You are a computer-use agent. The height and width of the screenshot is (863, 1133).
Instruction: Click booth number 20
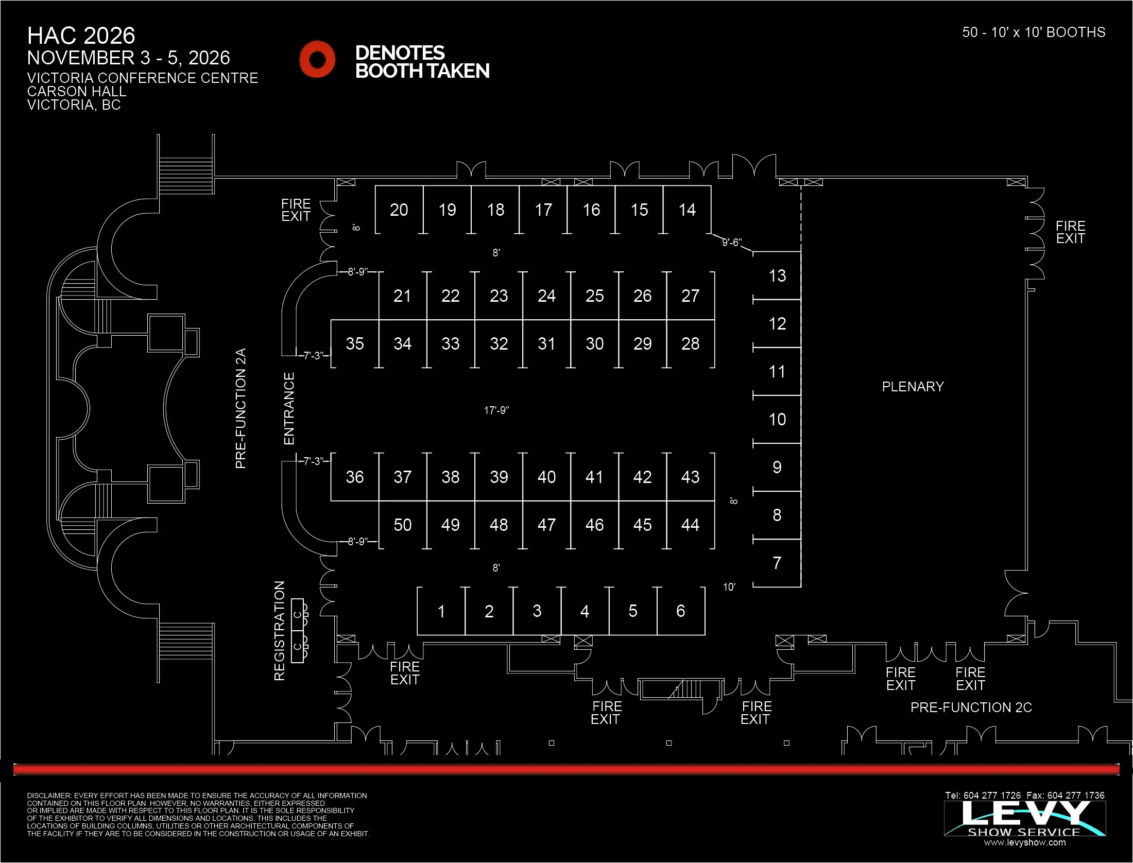(x=399, y=210)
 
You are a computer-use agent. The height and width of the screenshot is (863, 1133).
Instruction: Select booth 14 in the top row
(x=687, y=210)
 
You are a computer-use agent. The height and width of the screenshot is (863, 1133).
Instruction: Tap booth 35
(x=354, y=344)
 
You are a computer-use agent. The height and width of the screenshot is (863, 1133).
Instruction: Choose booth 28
(x=690, y=344)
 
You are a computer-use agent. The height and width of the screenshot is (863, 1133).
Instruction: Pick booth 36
(x=354, y=477)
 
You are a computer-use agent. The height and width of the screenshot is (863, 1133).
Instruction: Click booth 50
(x=402, y=525)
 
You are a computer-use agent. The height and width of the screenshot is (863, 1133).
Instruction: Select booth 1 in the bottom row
(x=441, y=611)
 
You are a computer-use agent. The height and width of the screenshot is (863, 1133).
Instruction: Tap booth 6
(x=680, y=611)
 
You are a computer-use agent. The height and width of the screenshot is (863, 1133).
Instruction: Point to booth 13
(x=777, y=276)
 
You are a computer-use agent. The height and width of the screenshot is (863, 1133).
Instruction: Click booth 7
(x=777, y=563)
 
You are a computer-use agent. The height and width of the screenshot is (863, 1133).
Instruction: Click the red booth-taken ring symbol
(x=317, y=59)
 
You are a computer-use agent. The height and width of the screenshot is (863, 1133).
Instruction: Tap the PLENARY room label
(x=913, y=387)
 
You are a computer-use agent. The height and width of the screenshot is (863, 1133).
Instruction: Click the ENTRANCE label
(x=289, y=409)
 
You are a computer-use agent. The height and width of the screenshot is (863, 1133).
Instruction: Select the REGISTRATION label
(x=279, y=631)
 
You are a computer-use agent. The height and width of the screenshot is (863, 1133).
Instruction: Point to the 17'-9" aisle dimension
(x=496, y=410)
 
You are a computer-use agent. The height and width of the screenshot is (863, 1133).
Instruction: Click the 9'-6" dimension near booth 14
(x=731, y=243)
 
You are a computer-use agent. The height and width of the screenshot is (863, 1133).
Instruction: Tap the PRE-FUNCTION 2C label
(x=971, y=707)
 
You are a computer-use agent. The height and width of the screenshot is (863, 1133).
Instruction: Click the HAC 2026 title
(x=81, y=36)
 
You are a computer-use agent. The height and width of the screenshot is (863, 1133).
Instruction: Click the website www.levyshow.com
(x=1024, y=842)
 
